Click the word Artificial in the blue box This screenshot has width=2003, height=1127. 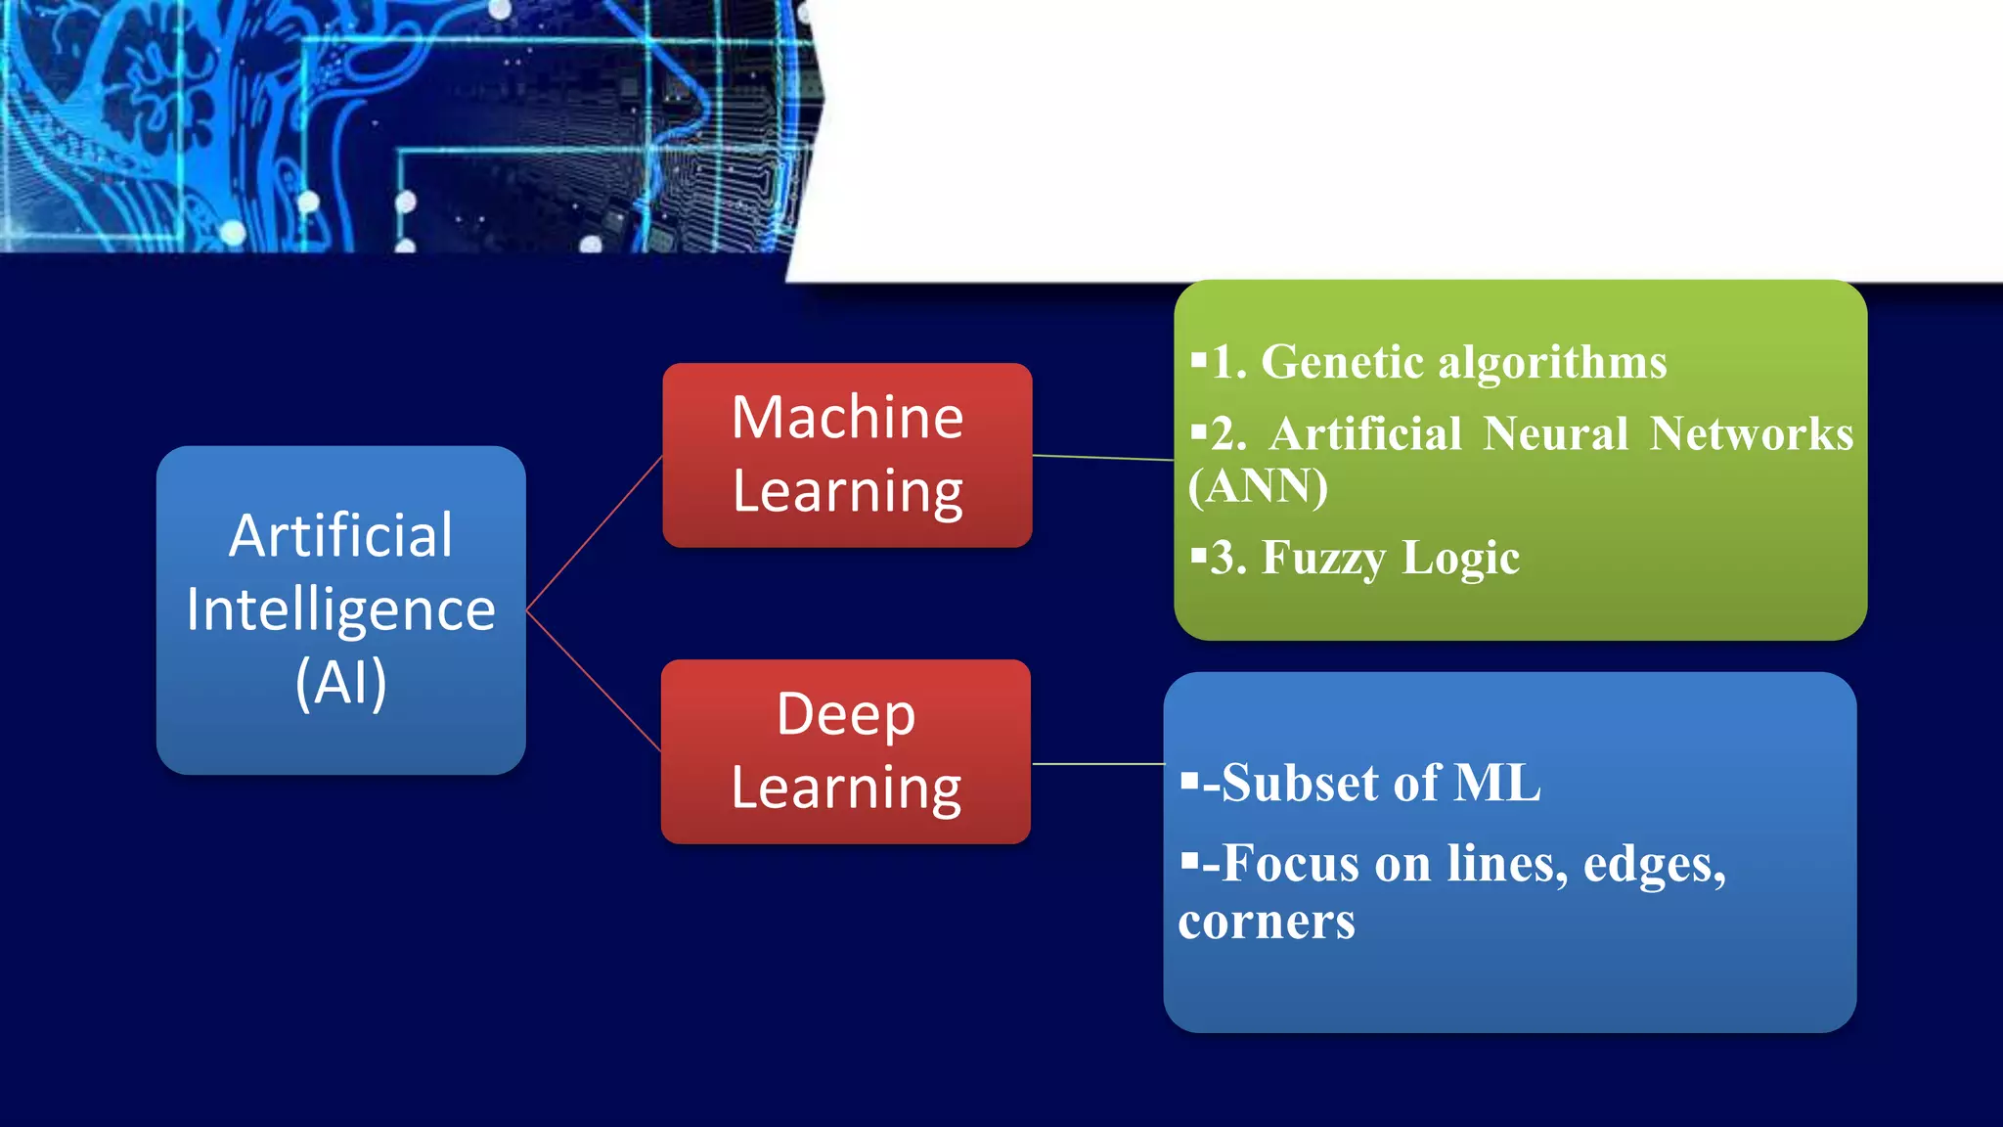click(x=340, y=536)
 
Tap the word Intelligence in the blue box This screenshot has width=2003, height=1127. click(x=340, y=609)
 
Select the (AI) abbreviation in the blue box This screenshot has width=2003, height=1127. click(x=340, y=682)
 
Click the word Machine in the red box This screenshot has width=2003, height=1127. click(x=847, y=418)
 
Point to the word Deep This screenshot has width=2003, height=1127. click(x=846, y=714)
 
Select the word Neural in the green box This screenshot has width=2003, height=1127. click(x=1555, y=434)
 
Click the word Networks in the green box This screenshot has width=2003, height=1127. click(x=1751, y=434)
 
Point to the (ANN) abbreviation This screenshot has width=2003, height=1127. click(x=1258, y=486)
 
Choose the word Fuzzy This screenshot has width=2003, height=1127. click(x=1323, y=559)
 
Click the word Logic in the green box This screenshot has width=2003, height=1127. click(x=1461, y=559)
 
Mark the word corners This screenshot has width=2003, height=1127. click(x=1267, y=922)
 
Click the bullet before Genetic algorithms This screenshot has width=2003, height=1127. click(x=1198, y=359)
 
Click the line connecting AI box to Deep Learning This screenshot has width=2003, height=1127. click(x=594, y=681)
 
